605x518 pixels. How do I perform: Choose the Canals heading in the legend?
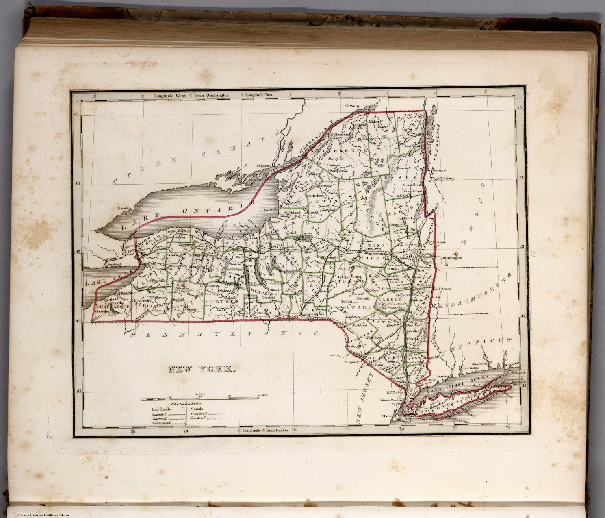tap(197, 409)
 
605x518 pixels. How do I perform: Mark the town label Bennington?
tap(452, 258)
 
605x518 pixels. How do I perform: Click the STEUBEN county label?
tap(217, 302)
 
